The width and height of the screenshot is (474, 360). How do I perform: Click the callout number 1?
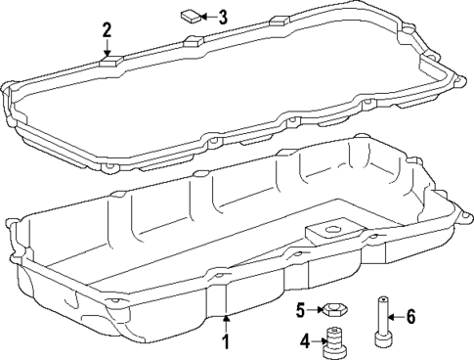click(x=226, y=342)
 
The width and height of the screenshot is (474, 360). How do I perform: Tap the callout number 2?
click(x=108, y=31)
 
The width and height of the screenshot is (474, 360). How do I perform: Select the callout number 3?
click(x=223, y=17)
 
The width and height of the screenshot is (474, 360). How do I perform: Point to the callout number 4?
click(x=305, y=341)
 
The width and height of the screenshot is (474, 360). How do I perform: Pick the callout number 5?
click(x=302, y=310)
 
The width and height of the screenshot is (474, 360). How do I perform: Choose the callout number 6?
click(x=411, y=316)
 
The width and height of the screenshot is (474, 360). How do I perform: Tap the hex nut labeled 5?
click(x=332, y=311)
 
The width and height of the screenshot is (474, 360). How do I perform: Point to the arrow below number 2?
click(x=108, y=49)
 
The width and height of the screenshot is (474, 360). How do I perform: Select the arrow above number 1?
click(x=226, y=324)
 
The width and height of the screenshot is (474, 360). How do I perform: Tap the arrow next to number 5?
click(x=316, y=311)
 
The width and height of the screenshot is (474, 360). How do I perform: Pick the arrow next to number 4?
click(x=320, y=341)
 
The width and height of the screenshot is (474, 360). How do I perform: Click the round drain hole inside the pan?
click(x=322, y=232)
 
